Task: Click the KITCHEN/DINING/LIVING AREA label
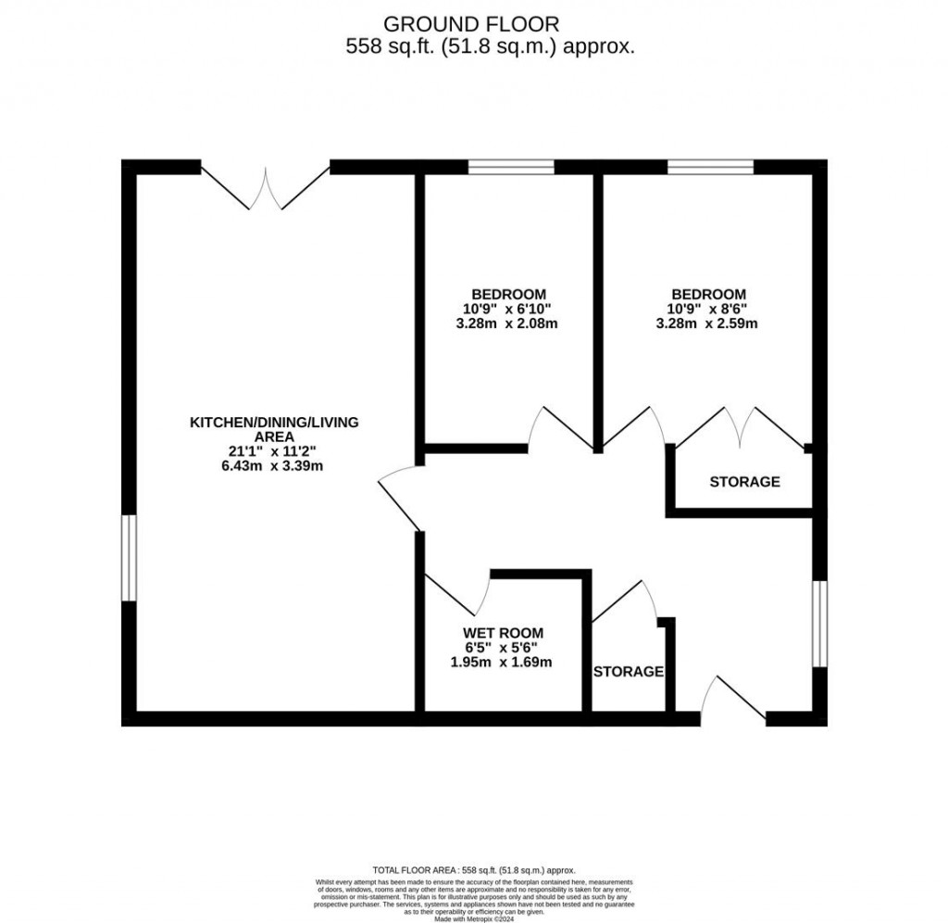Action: click(274, 429)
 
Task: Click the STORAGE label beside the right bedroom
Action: click(744, 482)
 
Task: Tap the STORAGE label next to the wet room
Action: click(629, 671)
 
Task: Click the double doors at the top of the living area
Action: click(266, 185)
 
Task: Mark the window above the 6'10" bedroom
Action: click(511, 168)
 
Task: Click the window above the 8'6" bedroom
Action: click(710, 168)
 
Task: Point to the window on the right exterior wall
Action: click(819, 624)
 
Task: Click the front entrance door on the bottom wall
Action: click(733, 702)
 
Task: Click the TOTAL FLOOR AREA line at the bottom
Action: click(474, 870)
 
